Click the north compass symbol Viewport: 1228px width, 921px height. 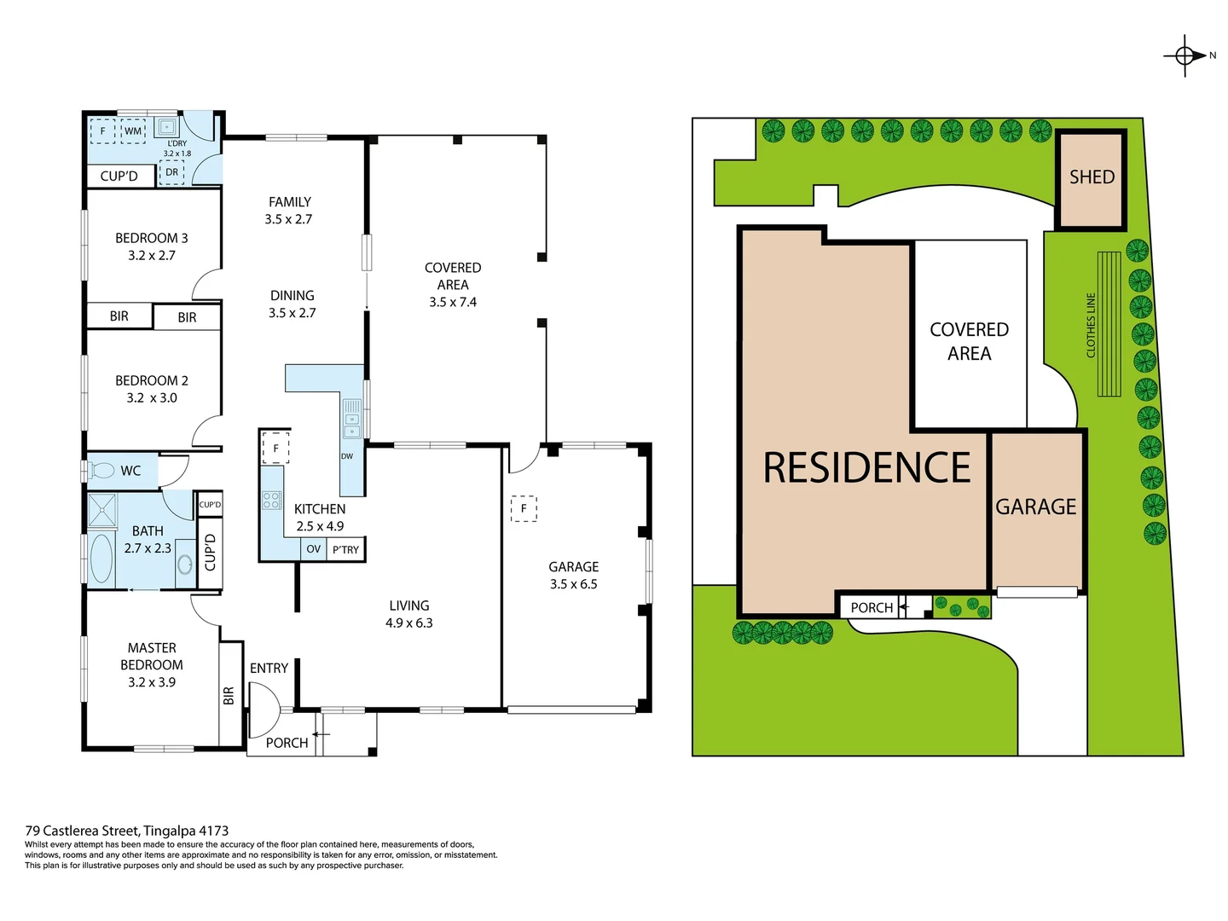pyautogui.click(x=1185, y=56)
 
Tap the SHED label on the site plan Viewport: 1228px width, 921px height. pyautogui.click(x=1092, y=177)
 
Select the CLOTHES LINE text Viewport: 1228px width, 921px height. pyautogui.click(x=1090, y=325)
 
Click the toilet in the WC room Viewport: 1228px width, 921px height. pyautogui.click(x=101, y=471)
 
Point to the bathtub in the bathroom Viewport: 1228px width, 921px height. pyautogui.click(x=101, y=559)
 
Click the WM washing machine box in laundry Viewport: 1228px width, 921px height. pyautogui.click(x=133, y=130)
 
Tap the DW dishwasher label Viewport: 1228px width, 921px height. pyautogui.click(x=347, y=456)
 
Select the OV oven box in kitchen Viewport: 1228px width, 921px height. pyautogui.click(x=314, y=549)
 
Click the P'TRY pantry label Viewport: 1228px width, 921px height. pyautogui.click(x=345, y=550)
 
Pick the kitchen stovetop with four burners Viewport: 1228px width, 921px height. pyautogui.click(x=271, y=501)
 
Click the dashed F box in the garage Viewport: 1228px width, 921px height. pyautogui.click(x=524, y=508)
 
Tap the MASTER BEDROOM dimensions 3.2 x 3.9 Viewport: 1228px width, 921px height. pyautogui.click(x=152, y=682)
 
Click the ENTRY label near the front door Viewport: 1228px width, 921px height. pyautogui.click(x=269, y=668)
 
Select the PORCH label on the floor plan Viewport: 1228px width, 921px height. pyautogui.click(x=287, y=743)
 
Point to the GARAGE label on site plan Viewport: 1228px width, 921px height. pyautogui.click(x=1036, y=507)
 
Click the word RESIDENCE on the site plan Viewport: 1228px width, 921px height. pyautogui.click(x=866, y=467)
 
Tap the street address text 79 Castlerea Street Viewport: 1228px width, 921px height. pyautogui.click(x=127, y=830)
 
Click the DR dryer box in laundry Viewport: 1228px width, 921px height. pyautogui.click(x=172, y=172)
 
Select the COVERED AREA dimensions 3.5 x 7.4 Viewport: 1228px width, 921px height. pyautogui.click(x=453, y=302)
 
